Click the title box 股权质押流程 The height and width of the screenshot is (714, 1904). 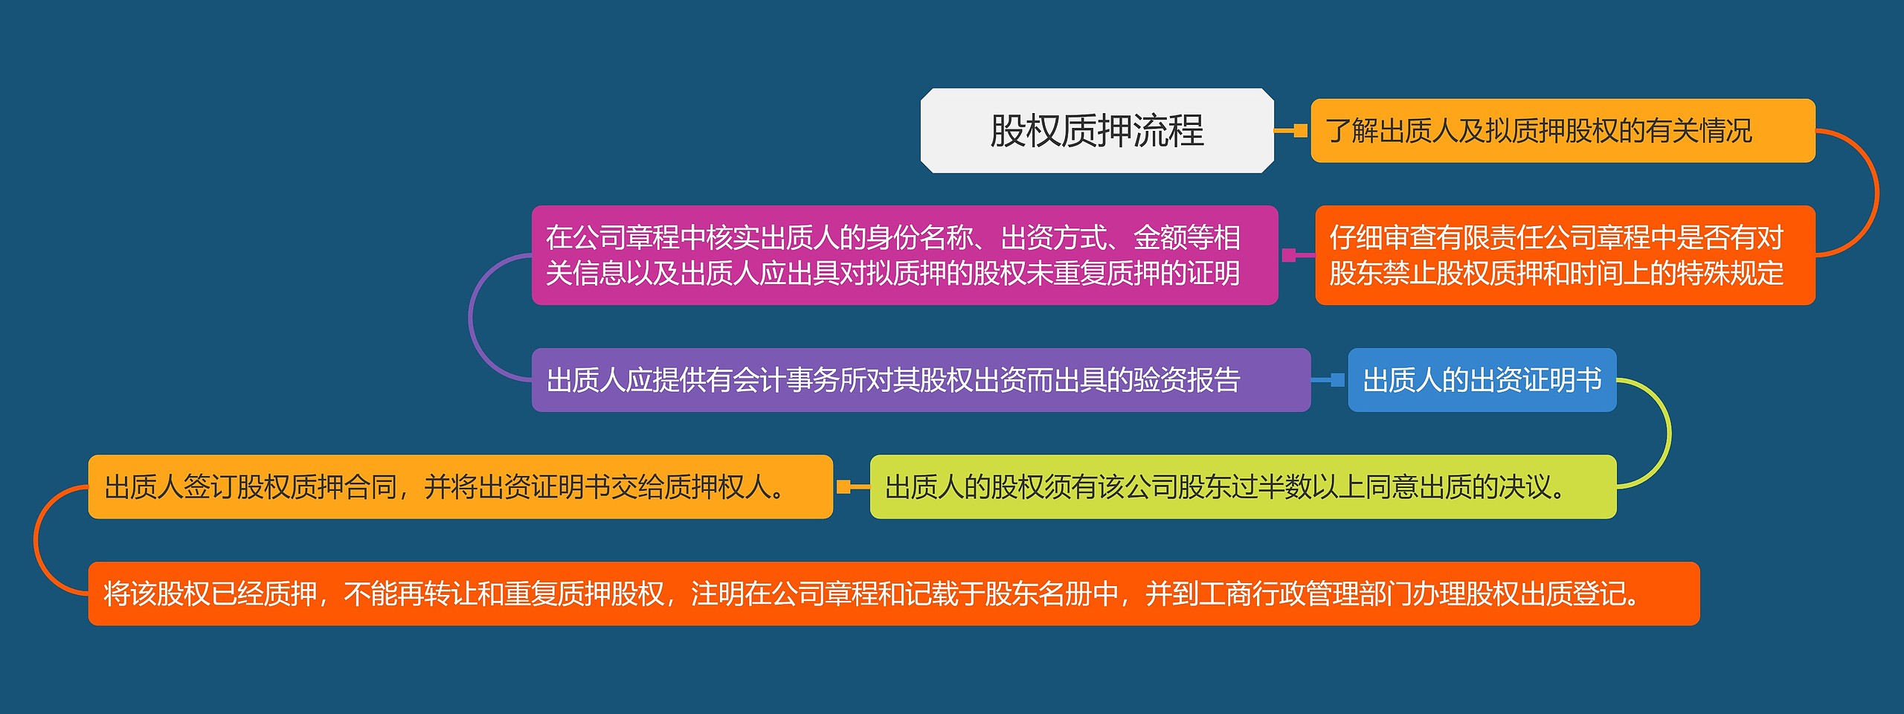point(1097,131)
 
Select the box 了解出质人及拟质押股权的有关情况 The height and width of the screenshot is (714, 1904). point(1563,131)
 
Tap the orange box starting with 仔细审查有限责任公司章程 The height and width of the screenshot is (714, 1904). point(1565,255)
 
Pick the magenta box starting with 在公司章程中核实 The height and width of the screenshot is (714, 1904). point(904,255)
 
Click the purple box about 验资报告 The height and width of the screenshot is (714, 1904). point(921,380)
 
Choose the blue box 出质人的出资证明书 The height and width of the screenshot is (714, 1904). point(1482,380)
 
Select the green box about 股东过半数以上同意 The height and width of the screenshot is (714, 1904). point(1243,487)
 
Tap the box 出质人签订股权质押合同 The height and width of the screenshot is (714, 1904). point(460,487)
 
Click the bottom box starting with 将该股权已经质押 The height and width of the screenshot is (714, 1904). point(894,594)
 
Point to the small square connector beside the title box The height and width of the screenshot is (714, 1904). point(1300,131)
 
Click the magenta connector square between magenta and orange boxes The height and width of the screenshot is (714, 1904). point(1289,255)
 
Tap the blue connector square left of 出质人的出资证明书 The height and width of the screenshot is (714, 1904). point(1337,380)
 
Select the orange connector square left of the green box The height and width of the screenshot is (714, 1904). point(843,487)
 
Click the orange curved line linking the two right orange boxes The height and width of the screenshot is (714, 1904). point(1878,193)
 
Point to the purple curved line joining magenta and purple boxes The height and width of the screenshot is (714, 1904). point(469,318)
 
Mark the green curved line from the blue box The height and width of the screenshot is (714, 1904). point(1670,434)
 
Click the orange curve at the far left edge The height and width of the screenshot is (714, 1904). point(34,541)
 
